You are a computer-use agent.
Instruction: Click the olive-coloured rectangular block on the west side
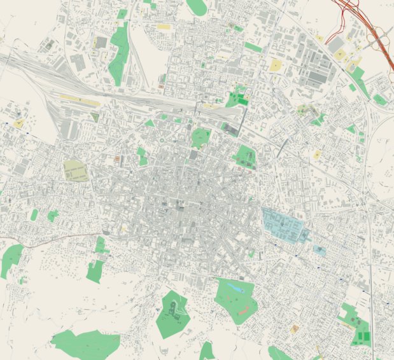pos(76,170)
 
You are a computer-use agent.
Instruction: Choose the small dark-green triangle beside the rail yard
pos(95,117)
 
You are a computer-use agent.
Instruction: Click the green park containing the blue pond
pos(236,299)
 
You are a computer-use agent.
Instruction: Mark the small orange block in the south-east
pos(294,329)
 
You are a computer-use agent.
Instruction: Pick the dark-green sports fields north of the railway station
pos(237,99)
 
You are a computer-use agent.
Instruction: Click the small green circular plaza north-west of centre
pos(162,139)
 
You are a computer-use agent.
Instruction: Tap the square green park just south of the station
pos(201,136)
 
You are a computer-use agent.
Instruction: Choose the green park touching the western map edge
pos(11,260)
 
